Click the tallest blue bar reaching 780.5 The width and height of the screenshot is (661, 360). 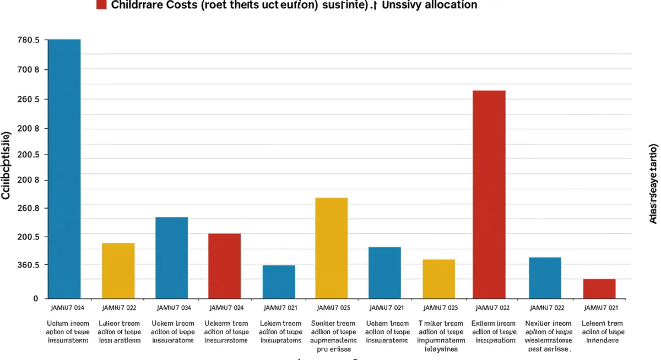coord(64,168)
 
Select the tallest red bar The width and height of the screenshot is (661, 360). coord(489,194)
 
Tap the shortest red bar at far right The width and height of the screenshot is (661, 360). coord(599,288)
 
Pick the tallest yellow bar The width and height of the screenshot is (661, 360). coord(331,248)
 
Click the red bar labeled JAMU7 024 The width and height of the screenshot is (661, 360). coord(224,266)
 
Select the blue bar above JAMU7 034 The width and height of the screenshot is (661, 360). coord(172,258)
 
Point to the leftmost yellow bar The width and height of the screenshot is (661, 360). coord(118,270)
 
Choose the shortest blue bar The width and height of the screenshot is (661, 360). coord(279,282)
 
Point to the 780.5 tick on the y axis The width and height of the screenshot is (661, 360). coord(29,40)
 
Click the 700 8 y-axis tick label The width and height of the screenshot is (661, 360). coord(29,70)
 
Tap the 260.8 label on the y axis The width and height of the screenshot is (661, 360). coord(29,209)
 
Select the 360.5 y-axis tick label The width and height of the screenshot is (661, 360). coord(29,265)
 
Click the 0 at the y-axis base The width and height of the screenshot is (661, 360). coord(36,298)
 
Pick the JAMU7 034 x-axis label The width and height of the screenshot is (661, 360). coord(174,308)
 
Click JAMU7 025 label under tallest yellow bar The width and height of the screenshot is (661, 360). coord(332,308)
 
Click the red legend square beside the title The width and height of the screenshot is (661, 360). coord(101,5)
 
